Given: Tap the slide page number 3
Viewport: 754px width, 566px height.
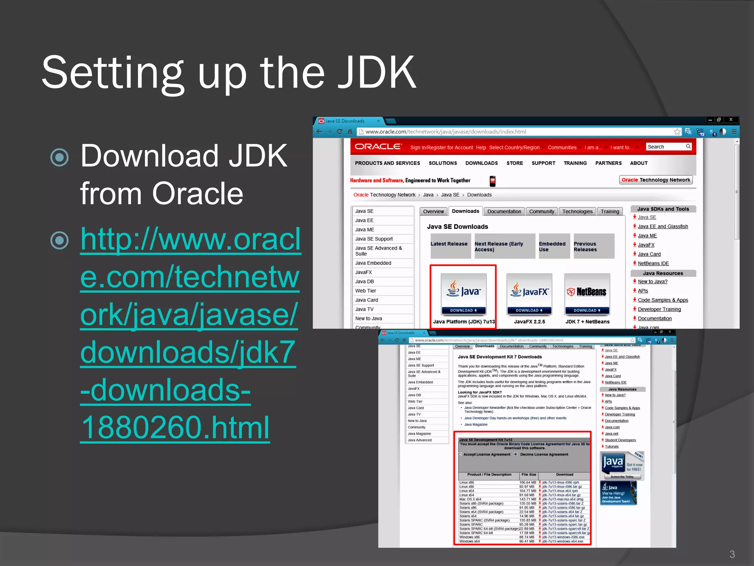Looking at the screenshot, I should [732, 554].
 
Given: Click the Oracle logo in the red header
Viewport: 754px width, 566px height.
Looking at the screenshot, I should [378, 147].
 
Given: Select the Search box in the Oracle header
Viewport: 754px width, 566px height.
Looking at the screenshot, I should [666, 147].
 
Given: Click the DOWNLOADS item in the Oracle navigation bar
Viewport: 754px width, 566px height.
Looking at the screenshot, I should [481, 163].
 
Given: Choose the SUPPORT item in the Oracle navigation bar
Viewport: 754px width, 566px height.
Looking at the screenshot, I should [543, 163].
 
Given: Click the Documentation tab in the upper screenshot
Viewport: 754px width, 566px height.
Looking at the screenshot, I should [504, 212].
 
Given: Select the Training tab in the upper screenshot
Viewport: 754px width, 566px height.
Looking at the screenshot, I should [610, 212].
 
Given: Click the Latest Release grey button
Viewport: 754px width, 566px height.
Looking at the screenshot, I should [449, 244].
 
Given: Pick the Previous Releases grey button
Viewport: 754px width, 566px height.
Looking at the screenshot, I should [593, 247].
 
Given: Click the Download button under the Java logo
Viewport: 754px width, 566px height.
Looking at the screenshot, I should [463, 311].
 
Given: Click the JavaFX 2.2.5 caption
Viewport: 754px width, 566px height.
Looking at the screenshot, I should [529, 322].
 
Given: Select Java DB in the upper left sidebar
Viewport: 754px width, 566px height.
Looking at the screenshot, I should [364, 282].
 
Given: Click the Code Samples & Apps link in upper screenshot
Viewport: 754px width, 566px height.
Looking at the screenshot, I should [663, 300].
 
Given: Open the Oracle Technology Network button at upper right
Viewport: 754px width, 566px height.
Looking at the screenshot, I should [656, 180].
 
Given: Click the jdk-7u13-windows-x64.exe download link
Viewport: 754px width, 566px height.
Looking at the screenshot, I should [563, 541].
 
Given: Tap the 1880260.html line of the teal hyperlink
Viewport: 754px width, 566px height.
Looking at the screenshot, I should [175, 427].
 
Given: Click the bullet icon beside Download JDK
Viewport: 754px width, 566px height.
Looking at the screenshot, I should [59, 157].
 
